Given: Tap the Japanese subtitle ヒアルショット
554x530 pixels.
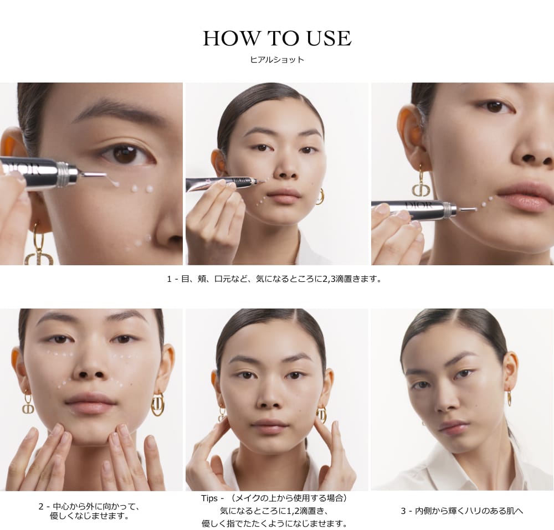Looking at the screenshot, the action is click(x=277, y=60).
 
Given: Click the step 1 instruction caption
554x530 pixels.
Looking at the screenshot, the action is click(x=275, y=279).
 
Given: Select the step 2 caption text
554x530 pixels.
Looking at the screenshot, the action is click(x=89, y=511).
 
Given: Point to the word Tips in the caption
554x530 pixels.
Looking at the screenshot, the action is click(x=210, y=498).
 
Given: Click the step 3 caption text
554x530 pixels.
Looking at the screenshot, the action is click(x=462, y=511).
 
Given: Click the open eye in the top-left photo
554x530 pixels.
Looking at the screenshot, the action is click(x=127, y=155).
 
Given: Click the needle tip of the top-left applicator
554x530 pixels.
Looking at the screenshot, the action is click(x=105, y=174).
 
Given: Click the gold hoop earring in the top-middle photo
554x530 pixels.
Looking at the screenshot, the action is click(x=320, y=197).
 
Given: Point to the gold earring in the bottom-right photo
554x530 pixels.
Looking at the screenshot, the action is click(x=509, y=397).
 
